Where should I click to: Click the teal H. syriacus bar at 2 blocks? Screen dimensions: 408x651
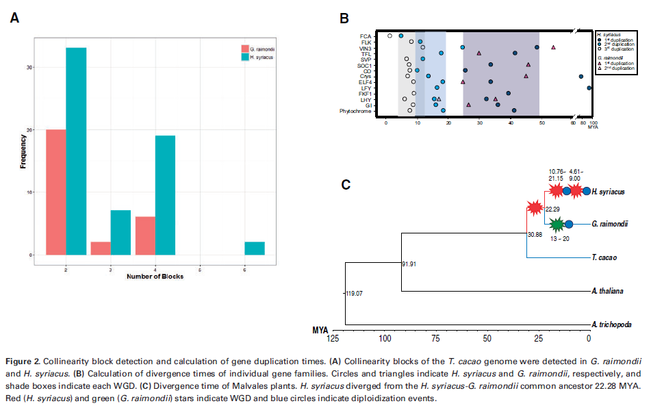[x=76, y=151]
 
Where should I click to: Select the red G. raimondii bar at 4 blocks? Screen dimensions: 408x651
[x=145, y=235]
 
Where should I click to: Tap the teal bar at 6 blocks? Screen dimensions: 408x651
[x=254, y=248]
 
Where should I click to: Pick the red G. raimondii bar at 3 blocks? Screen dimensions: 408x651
[x=101, y=248]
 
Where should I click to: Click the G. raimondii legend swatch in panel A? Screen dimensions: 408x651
[x=244, y=49]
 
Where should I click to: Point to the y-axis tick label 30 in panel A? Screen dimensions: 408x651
[x=29, y=67]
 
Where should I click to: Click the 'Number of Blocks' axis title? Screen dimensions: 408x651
[x=154, y=276]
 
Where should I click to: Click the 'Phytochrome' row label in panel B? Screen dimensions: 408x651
[x=355, y=111]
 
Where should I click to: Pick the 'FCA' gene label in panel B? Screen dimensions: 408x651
[x=366, y=36]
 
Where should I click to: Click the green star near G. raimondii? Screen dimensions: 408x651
[x=557, y=223]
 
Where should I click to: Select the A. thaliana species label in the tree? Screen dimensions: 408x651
[x=607, y=292]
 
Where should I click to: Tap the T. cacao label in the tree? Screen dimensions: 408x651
[x=604, y=258]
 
